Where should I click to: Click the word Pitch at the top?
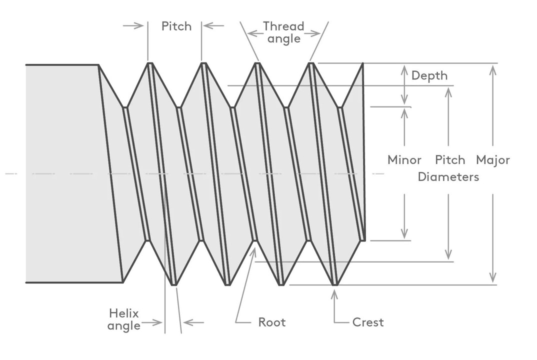pyautogui.click(x=176, y=26)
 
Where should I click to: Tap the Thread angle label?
pyautogui.click(x=283, y=32)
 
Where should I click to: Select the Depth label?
pyautogui.click(x=429, y=75)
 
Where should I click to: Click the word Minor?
pyautogui.click(x=404, y=160)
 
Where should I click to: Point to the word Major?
pyautogui.click(x=492, y=160)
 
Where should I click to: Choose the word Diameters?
pyautogui.click(x=448, y=176)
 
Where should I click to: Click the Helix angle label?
pyautogui.click(x=124, y=319)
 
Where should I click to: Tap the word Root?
pyautogui.click(x=271, y=322)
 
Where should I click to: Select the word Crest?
pyautogui.click(x=368, y=322)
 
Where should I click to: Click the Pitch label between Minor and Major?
pyautogui.click(x=450, y=160)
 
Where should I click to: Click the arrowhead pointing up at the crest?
pyautogui.click(x=334, y=293)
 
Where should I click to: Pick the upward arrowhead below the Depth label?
pyautogui.click(x=404, y=111)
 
